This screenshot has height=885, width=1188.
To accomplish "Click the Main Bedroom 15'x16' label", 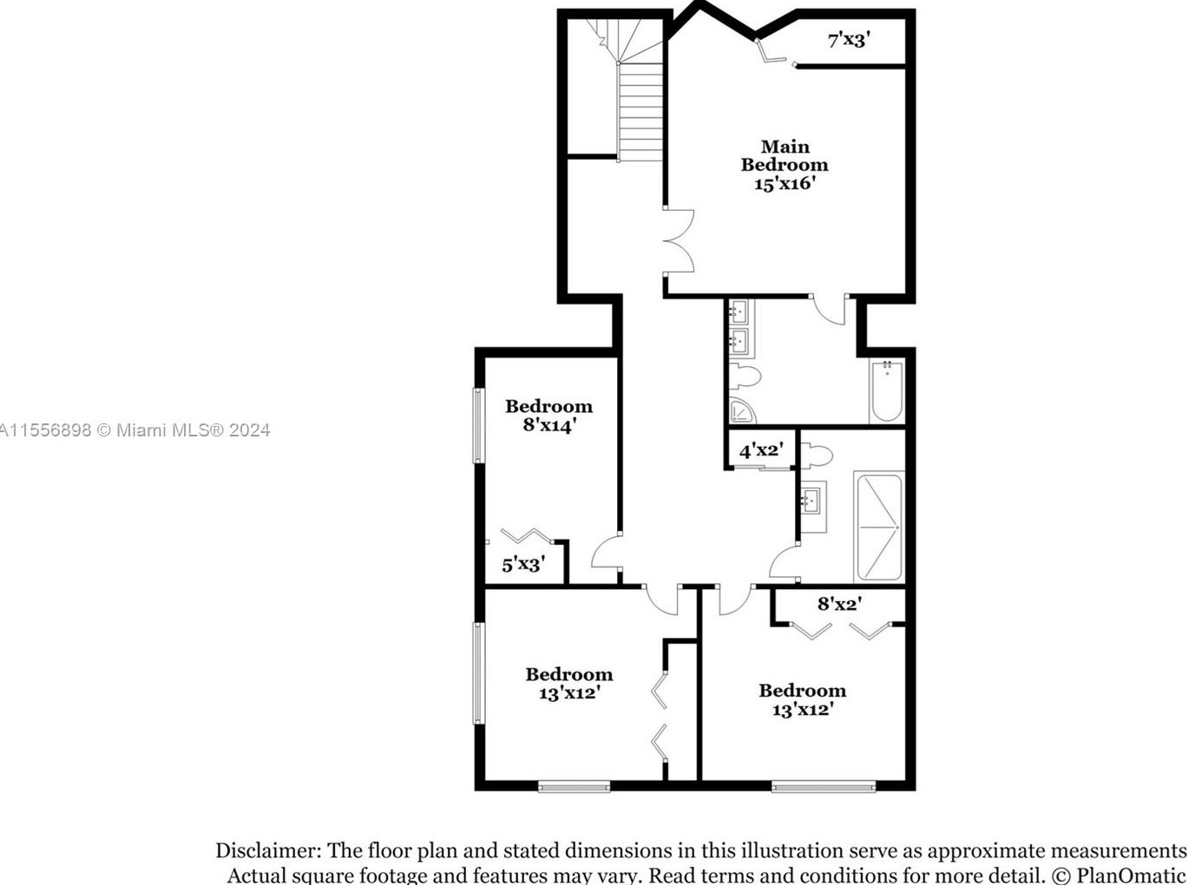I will click(x=784, y=165).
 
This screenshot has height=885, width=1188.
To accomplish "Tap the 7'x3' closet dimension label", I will click(x=848, y=39).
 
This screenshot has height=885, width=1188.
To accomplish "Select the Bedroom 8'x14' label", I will click(x=548, y=416).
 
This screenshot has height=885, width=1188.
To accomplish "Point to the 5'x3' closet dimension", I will click(x=523, y=565).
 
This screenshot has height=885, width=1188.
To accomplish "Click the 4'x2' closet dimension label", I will click(x=761, y=450).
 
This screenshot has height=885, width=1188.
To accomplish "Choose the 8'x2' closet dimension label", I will click(x=839, y=604).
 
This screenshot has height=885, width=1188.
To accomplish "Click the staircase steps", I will click(x=640, y=113).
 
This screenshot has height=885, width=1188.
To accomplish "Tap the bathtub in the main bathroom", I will click(x=887, y=391).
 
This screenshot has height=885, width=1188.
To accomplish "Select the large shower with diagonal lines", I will click(x=879, y=527).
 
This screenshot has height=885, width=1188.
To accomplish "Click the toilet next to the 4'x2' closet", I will click(x=817, y=455).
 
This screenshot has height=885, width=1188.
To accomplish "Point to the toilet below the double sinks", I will click(x=745, y=377).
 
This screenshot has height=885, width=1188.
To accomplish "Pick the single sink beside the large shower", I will click(x=812, y=501).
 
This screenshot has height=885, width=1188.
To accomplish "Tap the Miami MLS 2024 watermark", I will click(x=135, y=429).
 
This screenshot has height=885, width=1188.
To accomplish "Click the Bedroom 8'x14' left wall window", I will click(x=477, y=425).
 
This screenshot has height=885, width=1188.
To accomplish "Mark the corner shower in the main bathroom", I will click(x=741, y=412).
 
